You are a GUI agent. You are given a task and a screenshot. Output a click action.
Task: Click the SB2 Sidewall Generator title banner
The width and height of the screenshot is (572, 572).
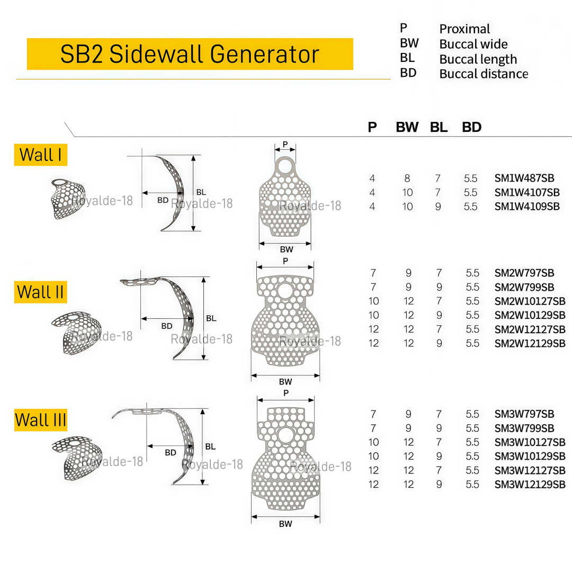point(190,54)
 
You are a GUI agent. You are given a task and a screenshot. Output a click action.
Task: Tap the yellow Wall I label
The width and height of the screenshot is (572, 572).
point(40,155)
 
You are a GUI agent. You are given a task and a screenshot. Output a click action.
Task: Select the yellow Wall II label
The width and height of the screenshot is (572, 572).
point(40,292)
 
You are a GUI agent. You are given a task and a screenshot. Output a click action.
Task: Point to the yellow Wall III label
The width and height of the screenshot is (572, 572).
point(40,420)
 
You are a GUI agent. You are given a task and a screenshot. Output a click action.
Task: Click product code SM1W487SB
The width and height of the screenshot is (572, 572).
point(524,178)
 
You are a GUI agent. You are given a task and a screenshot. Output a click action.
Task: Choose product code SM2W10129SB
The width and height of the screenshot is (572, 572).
point(530,315)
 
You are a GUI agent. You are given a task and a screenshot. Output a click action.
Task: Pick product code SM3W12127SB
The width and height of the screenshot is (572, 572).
point(530,470)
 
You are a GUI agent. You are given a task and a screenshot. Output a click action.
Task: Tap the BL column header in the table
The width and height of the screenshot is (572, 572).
point(439,127)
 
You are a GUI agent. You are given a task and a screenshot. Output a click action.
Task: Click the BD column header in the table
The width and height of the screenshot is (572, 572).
point(472,127)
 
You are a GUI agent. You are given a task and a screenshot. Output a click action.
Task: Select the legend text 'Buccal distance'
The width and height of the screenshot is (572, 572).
point(484,74)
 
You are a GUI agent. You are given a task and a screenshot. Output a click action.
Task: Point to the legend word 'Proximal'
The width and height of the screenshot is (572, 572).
point(464,29)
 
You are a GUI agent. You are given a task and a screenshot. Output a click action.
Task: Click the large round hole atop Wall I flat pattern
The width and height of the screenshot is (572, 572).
point(285,166)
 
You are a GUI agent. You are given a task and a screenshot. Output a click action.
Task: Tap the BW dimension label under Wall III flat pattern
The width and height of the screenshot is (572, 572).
point(285,523)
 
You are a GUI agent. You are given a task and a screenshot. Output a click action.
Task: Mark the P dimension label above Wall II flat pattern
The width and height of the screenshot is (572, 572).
point(285,261)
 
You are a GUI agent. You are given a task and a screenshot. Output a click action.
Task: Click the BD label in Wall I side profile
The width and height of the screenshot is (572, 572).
point(163,200)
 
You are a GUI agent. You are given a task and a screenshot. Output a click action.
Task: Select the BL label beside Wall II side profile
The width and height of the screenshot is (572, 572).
point(211,318)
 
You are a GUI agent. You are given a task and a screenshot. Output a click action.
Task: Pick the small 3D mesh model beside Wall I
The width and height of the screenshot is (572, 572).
point(68,199)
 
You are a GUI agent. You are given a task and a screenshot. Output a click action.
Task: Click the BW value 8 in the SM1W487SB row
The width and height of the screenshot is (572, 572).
point(407,178)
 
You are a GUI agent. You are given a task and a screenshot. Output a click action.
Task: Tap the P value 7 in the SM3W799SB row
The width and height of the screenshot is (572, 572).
point(373,428)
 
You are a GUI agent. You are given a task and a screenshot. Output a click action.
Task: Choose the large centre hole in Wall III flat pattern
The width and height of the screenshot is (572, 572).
point(285,436)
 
